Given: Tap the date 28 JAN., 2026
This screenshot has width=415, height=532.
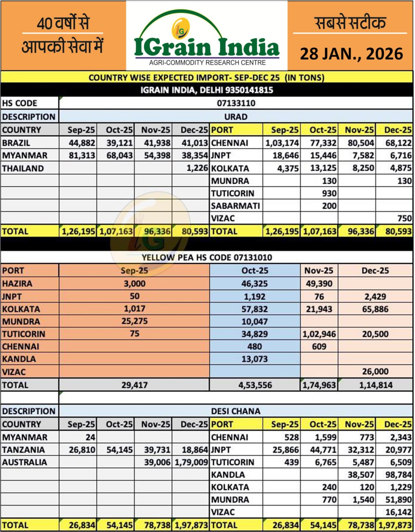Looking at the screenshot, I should click(x=351, y=54).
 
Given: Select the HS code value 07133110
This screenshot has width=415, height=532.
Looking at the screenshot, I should click(x=236, y=103).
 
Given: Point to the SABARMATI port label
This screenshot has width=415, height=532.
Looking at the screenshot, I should click(x=235, y=206).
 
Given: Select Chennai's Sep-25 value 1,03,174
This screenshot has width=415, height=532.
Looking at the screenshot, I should click(x=282, y=143).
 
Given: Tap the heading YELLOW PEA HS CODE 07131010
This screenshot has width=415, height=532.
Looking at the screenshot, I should click(x=207, y=258).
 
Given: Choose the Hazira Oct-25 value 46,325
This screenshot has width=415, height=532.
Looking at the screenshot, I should click(x=254, y=284).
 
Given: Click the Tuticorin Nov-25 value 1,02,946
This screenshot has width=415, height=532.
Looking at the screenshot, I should click(x=319, y=334).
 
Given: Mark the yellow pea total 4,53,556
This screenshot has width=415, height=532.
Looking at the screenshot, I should click(x=254, y=385).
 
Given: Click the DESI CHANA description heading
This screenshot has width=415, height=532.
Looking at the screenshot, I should click(x=236, y=411).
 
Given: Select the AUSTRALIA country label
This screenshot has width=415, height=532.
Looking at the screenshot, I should click(x=25, y=462).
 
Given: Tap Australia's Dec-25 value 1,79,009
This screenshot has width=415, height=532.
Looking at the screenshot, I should click(x=191, y=462).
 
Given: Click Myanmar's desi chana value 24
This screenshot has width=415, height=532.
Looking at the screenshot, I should click(x=90, y=437).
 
